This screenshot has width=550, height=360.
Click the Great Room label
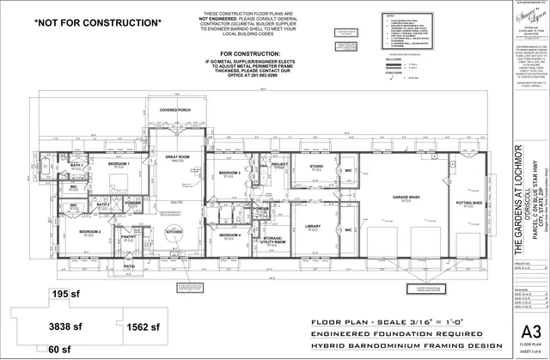[178, 157]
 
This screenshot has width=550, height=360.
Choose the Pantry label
[127, 237]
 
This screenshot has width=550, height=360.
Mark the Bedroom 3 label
[229, 173]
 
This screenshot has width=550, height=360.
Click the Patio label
[129, 267]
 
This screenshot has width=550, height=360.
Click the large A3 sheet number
[518, 333]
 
